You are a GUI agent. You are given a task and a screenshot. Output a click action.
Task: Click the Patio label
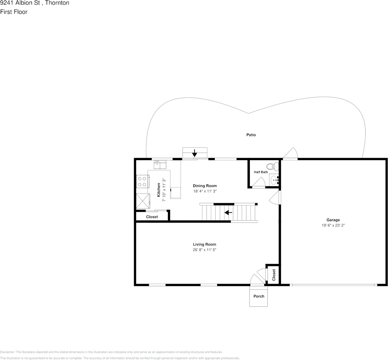point(251,135)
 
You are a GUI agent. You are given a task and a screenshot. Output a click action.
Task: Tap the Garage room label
point(333,220)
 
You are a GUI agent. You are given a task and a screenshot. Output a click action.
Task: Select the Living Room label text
point(204,244)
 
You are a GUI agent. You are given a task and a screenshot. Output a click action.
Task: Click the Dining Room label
point(205,186)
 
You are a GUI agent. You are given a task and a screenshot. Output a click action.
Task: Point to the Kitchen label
point(159,190)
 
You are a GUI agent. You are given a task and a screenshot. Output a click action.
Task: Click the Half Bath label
point(261,172)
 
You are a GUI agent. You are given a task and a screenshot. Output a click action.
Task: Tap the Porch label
point(259,296)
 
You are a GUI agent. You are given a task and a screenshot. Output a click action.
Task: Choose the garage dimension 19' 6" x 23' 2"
point(333,225)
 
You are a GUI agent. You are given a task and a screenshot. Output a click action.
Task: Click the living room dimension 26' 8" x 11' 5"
point(204,250)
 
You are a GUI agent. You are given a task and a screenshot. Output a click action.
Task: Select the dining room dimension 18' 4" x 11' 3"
point(205,191)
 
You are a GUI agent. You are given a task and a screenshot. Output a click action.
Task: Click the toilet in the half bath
point(272,166)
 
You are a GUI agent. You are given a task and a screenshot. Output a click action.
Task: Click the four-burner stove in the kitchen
point(142,181)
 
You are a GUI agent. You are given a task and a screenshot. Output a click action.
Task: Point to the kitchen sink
point(160,164)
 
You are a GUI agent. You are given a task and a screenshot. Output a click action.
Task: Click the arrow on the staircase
point(228,212)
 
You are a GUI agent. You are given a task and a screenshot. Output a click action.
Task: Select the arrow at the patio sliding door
point(195,153)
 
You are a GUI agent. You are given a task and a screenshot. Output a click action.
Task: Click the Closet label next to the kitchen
point(152,217)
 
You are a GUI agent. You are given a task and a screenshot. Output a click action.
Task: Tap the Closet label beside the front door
point(274,275)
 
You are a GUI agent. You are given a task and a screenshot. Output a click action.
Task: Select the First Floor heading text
point(14,12)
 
